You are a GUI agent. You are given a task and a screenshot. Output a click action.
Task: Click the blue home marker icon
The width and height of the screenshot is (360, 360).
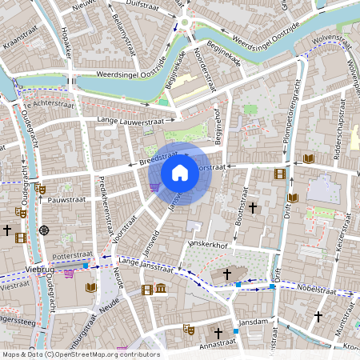coord(180,172)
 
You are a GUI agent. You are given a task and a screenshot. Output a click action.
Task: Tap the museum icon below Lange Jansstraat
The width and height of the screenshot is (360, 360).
coord(161,289)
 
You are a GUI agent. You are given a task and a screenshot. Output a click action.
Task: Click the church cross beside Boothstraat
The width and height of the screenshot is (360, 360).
coord(253,208)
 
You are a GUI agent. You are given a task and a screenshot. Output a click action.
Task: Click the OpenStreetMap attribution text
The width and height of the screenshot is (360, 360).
coord(81,354)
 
